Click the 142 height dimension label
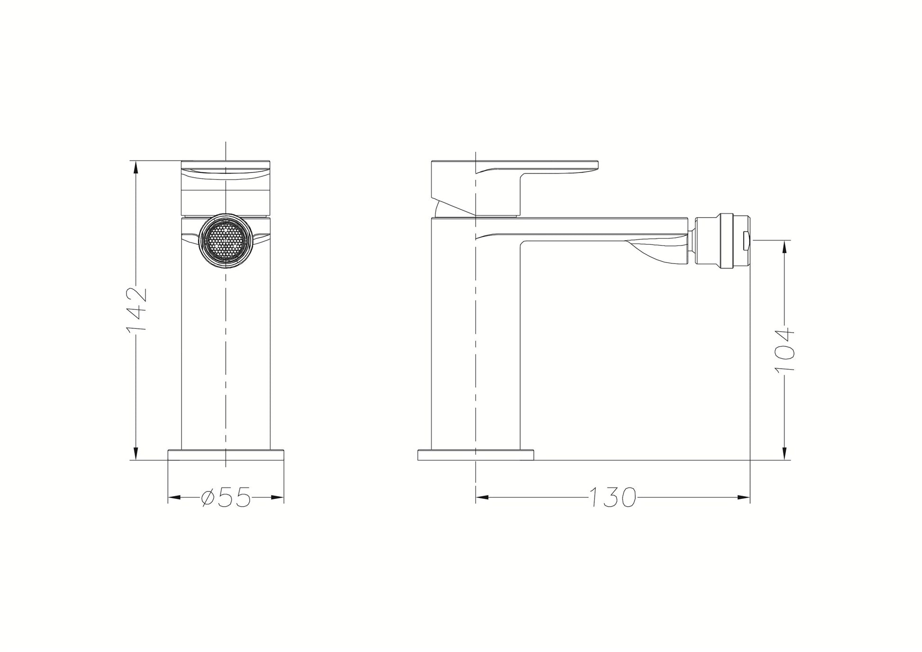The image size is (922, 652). coord(137,310)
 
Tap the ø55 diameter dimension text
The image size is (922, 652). coord(226,498)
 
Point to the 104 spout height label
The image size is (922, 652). coord(784,349)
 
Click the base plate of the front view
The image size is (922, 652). coord(226,454)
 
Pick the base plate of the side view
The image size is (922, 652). coord(476,454)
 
